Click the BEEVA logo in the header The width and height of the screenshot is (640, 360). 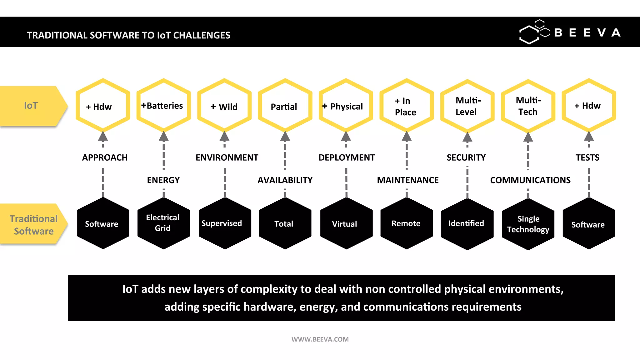point(570,32)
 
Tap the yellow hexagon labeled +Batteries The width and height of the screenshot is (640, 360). point(163,106)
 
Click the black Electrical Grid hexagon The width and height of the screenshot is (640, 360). point(163,223)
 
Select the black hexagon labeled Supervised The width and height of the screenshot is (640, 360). point(224,223)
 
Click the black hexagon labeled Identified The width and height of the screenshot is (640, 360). point(467,224)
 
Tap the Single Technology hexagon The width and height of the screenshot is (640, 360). point(528,224)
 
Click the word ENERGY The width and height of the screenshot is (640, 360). point(163,180)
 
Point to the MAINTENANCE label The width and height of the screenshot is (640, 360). point(407,180)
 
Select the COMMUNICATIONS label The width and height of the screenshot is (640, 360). point(530,180)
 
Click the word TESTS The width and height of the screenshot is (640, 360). point(587,157)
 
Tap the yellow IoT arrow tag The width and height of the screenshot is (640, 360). point(31,106)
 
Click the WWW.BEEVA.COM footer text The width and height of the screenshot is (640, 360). point(320,339)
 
